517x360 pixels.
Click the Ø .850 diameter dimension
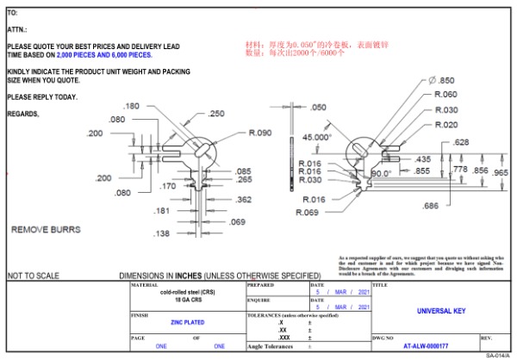point(442,80)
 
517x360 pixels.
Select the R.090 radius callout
point(260,133)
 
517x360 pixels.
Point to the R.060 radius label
point(446,95)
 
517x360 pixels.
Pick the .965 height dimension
point(501,172)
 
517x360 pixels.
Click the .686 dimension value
point(431,205)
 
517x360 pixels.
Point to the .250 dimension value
point(216,114)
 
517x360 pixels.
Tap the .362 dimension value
point(244,200)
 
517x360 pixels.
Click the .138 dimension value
point(161,233)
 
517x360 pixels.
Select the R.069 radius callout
point(308,212)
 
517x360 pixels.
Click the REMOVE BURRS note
point(46,231)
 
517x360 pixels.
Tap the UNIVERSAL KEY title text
point(439,312)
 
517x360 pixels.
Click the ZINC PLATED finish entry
point(187,322)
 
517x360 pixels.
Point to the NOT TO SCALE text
point(34,276)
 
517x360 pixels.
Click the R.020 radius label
point(446,125)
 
